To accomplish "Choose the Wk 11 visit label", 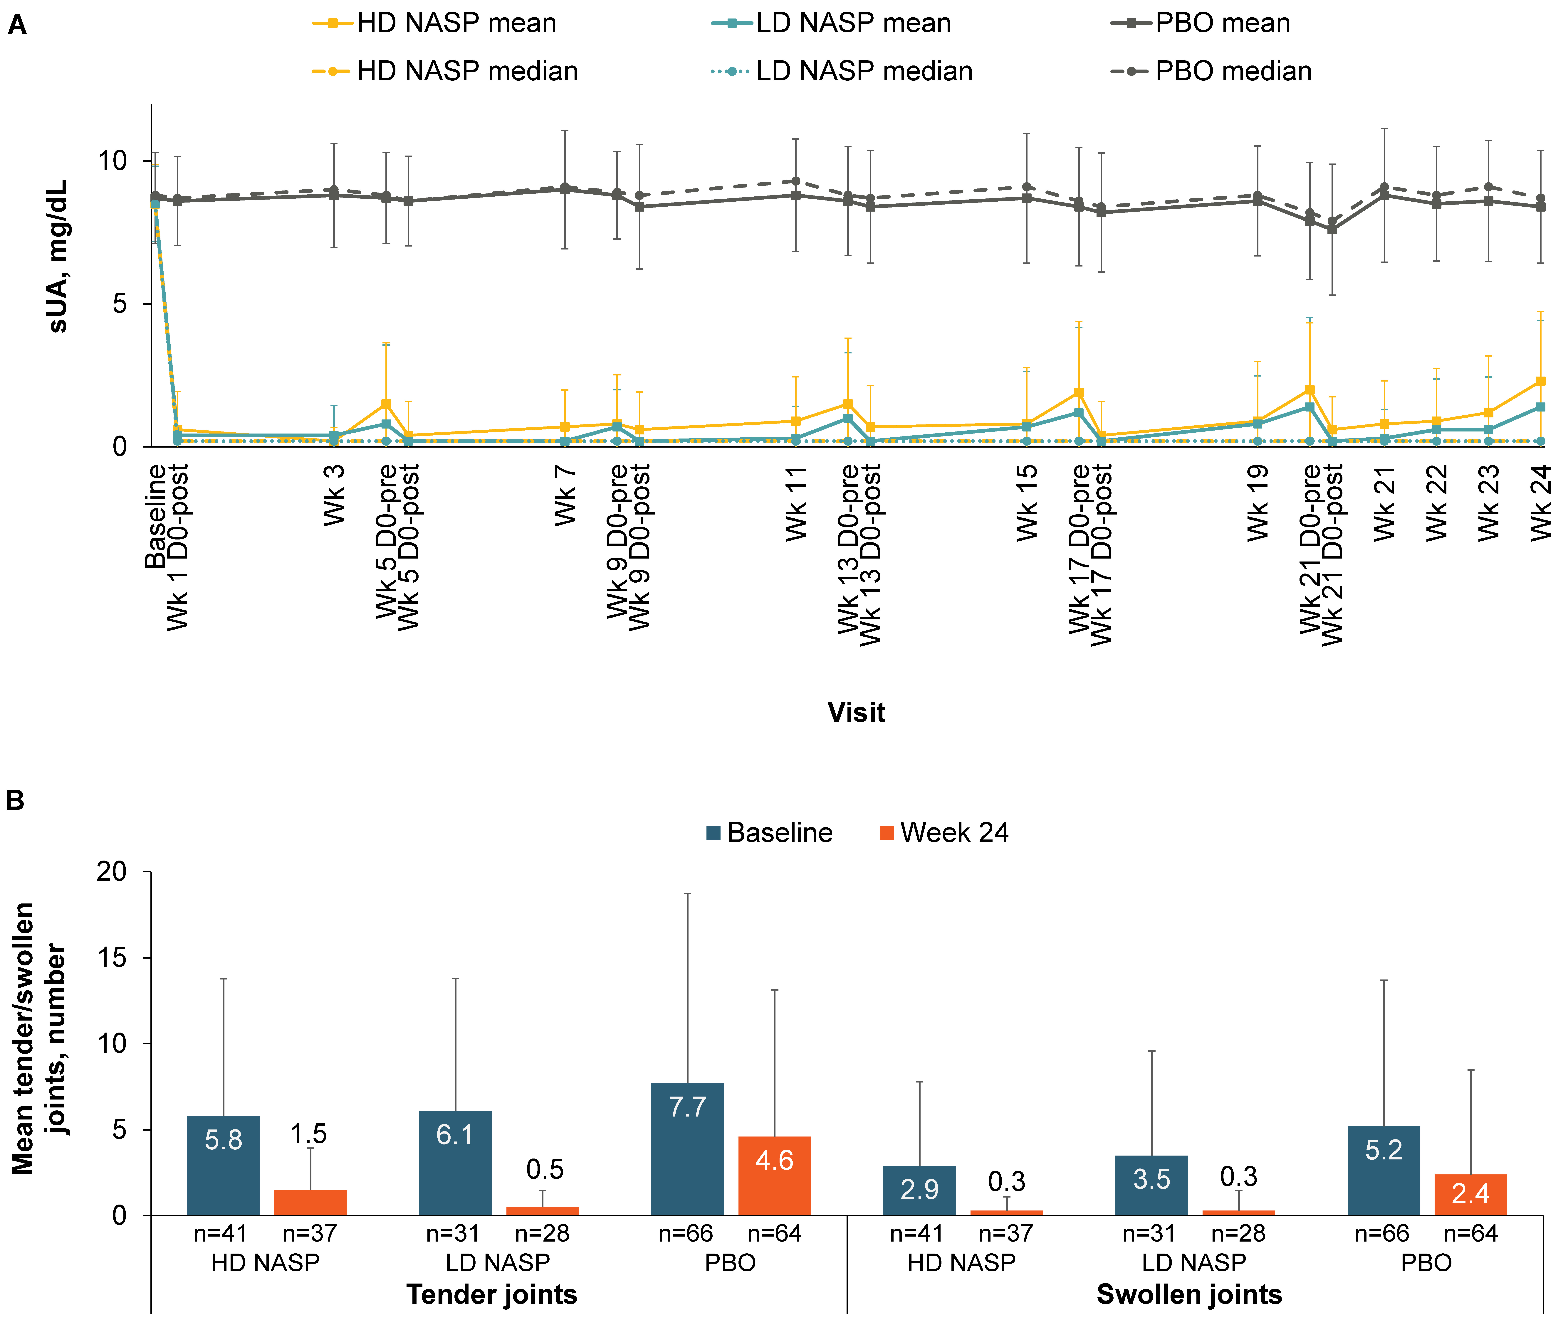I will point(795,503).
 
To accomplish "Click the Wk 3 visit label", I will point(333,495).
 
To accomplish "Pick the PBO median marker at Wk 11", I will point(795,181).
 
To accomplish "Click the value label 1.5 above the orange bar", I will point(308,1134).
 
